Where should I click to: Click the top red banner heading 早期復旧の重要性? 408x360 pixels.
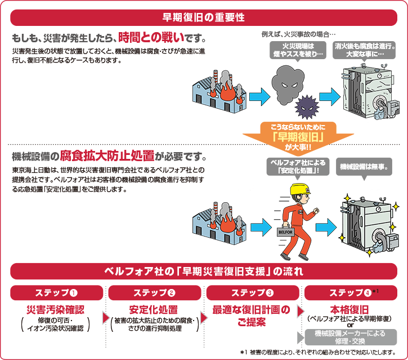(x=203, y=17)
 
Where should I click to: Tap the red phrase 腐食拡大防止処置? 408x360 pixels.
(x=112, y=156)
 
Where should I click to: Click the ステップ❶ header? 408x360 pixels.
(x=57, y=292)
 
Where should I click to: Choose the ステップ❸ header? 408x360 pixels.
(x=253, y=292)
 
